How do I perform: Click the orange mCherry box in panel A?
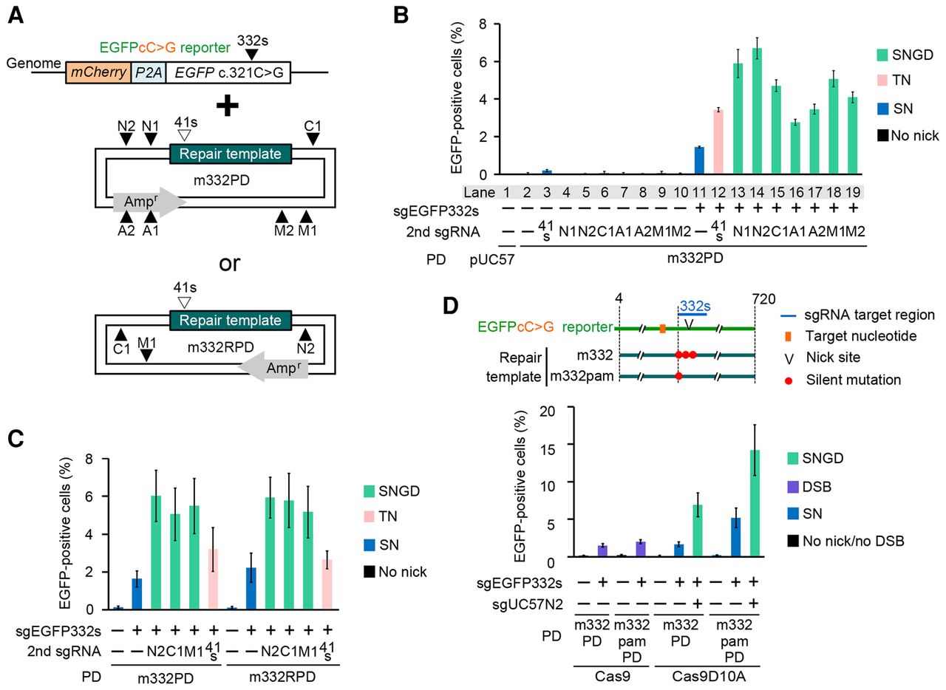coord(98,72)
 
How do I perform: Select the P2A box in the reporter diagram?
coord(149,72)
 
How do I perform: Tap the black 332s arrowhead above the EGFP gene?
coord(252,55)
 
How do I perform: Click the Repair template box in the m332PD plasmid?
coord(231,154)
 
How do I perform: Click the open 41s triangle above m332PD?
coord(185,135)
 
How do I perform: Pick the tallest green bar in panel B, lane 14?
coord(757,111)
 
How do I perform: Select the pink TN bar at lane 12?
coord(718,142)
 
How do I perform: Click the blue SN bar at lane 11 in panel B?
coord(699,160)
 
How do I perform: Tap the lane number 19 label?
coord(853,193)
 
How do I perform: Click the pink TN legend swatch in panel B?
coord(882,81)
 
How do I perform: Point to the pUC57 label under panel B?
coord(492,259)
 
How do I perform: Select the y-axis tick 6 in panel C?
coord(89,496)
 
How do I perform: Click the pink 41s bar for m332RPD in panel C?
coord(327,584)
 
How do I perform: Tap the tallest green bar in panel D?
coord(755,503)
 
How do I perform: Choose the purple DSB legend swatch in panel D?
coord(793,487)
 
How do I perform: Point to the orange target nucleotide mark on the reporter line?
coord(663,329)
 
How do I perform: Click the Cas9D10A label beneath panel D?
coord(709,677)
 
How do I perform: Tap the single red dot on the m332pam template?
coord(678,376)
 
